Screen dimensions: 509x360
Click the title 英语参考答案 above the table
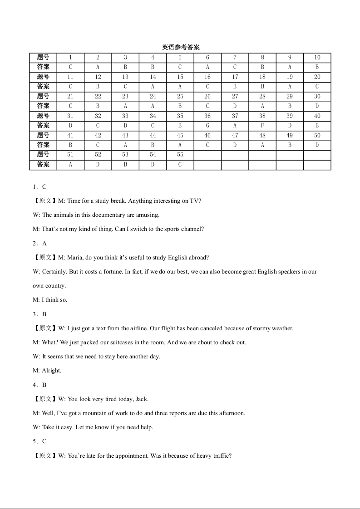tap(181, 47)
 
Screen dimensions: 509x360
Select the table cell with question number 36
tap(207, 116)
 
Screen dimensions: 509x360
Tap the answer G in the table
tap(207, 125)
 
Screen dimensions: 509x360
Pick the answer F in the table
tap(262, 125)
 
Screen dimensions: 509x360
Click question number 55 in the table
tap(180, 155)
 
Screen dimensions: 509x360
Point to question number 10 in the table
tap(317, 58)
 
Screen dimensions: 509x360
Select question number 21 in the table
tap(70, 96)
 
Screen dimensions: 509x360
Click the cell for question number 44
tap(153, 135)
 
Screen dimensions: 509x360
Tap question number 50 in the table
tap(317, 135)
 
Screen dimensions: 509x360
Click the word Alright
tap(51, 371)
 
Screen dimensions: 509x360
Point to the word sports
tap(163, 229)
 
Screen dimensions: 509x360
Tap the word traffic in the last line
tap(221, 455)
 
